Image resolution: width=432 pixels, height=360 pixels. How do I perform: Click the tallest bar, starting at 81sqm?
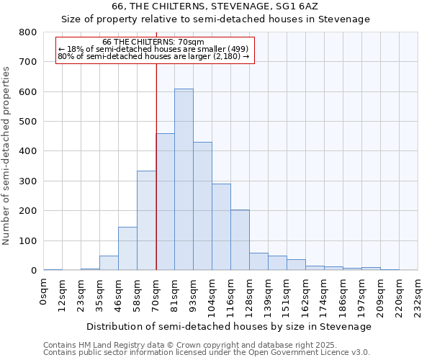coord(184,180)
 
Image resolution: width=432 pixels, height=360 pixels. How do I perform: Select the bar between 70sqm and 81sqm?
coord(165,202)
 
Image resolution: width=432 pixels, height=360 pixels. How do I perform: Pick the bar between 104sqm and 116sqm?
coord(221,228)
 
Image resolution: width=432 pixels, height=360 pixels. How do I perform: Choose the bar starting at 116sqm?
coord(240,240)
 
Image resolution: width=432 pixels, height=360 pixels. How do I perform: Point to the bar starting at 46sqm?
coord(127,249)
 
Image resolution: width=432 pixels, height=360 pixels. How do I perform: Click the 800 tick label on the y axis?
coord(27,32)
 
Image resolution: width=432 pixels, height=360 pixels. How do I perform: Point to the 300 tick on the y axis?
coord(27,181)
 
